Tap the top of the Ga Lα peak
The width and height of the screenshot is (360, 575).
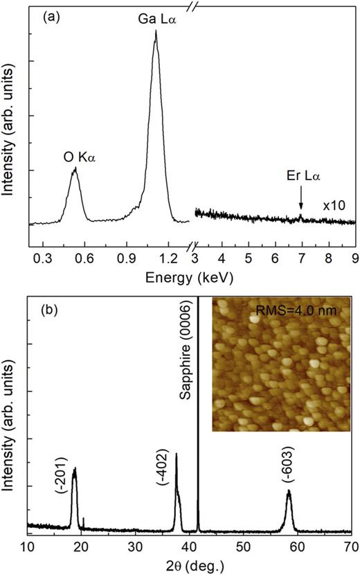pos(155,31)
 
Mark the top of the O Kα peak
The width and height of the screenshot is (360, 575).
pos(74,168)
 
